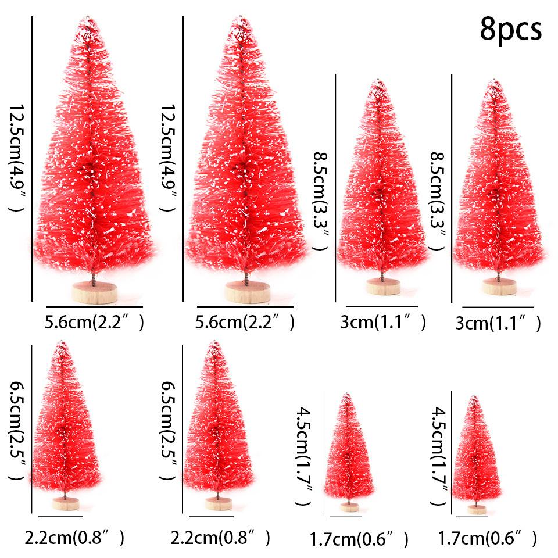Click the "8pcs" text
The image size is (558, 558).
click(510, 30)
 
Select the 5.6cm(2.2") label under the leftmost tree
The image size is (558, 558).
click(94, 321)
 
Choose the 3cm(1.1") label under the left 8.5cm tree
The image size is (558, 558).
click(383, 322)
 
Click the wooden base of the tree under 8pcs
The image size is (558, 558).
click(498, 287)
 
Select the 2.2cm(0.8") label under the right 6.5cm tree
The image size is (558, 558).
click(221, 537)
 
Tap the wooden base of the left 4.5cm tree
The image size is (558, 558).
click(349, 507)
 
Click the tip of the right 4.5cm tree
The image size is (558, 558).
click(475, 398)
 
